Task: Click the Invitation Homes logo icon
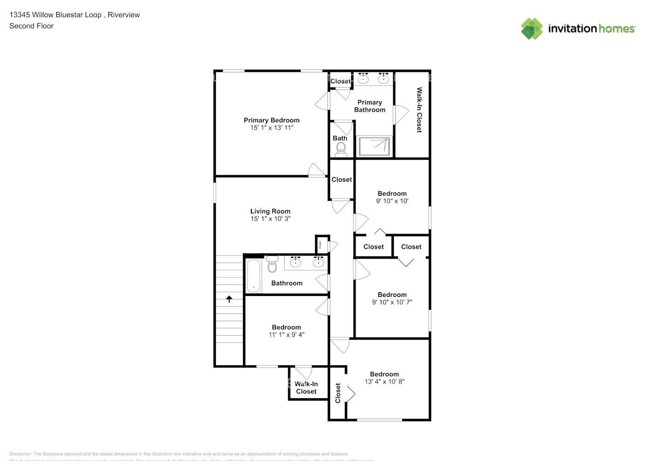532,29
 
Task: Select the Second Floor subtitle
31,26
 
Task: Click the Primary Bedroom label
272,120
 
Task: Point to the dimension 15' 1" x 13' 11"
272,128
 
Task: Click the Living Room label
270,212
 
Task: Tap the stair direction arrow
229,299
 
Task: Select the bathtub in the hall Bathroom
254,276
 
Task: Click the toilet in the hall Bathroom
272,265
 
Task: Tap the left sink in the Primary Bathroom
363,78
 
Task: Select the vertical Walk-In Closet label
419,110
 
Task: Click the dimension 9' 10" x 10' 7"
392,302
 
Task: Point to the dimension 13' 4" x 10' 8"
384,382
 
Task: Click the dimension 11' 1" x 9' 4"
286,335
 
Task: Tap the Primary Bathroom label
370,106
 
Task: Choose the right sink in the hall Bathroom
318,262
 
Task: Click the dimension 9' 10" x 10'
392,201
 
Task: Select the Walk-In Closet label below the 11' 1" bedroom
306,388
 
